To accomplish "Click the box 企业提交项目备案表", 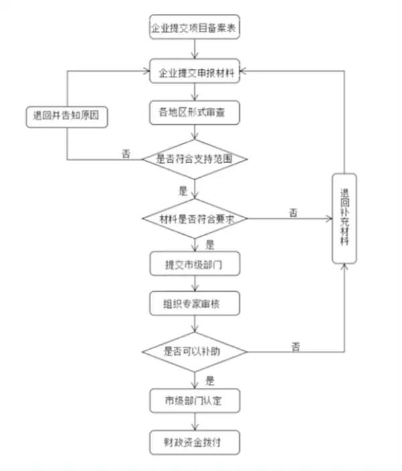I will tap(194, 29).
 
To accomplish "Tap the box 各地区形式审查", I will tap(194, 113).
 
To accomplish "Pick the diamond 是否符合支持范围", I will tap(194, 160).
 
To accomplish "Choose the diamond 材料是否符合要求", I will tap(194, 219).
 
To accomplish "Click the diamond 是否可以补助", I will tap(194, 351).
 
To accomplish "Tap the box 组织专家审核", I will tap(194, 304).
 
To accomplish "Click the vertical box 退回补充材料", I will tap(344, 218).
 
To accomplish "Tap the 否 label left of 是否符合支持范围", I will tap(125, 154).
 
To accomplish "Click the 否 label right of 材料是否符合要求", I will tap(293, 212).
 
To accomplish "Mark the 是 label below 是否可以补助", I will tap(210, 380).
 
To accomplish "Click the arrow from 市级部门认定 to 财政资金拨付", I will tap(194, 421).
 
